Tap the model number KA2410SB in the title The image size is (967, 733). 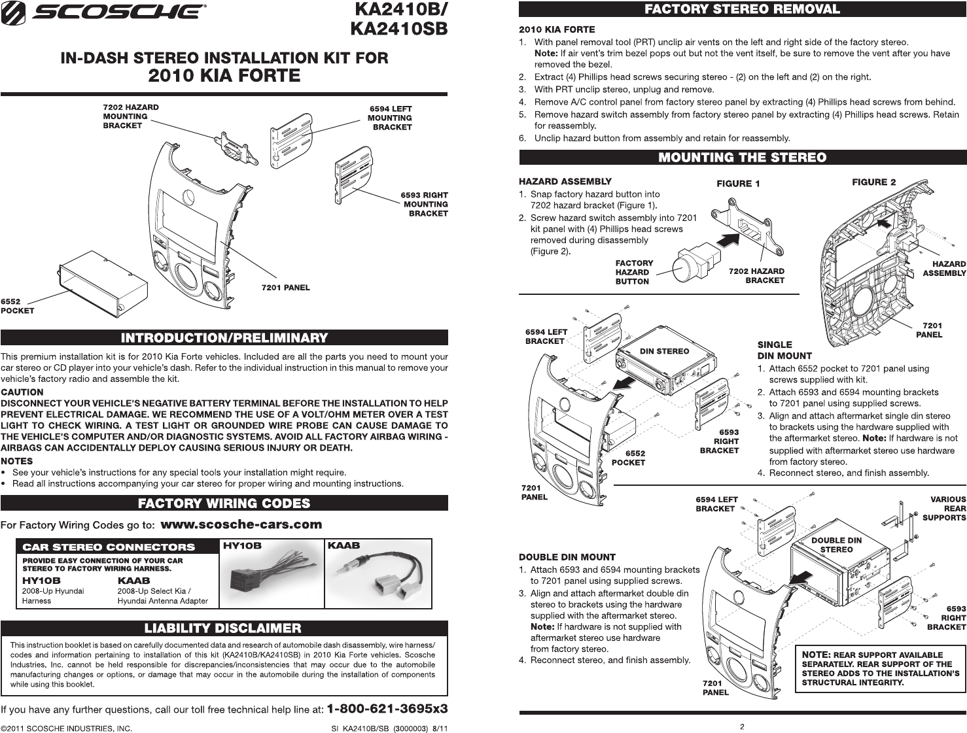[398, 29]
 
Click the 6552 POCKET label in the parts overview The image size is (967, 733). [17, 306]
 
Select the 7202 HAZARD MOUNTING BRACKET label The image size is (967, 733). [130, 116]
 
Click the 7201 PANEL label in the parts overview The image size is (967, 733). [285, 288]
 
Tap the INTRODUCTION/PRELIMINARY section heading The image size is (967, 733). [224, 338]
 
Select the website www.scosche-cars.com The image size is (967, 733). [241, 524]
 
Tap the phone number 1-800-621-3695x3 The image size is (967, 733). [387, 709]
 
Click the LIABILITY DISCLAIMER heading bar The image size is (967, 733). [224, 628]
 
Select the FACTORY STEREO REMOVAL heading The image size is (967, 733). [742, 9]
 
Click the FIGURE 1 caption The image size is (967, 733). [738, 184]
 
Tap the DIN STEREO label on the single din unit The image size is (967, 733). [664, 351]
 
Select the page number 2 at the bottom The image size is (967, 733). [742, 726]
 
